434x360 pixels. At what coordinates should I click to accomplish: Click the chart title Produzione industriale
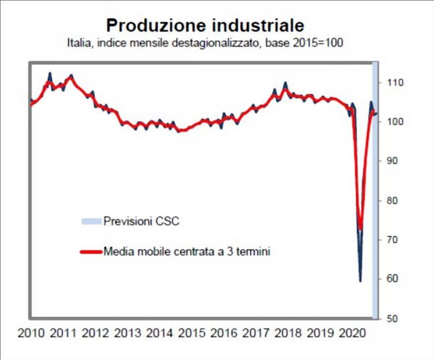[205, 25]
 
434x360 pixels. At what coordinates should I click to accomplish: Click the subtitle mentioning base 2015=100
[205, 42]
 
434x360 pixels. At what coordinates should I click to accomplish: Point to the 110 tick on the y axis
[395, 83]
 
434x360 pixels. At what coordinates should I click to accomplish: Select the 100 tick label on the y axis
[395, 122]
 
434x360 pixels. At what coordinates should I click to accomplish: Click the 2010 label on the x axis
[31, 333]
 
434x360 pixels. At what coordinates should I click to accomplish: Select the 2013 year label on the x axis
[129, 333]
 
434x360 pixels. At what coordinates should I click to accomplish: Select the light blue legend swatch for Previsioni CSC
[91, 221]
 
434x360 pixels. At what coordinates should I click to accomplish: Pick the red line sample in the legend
[91, 252]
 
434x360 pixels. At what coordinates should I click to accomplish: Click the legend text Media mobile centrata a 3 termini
[187, 252]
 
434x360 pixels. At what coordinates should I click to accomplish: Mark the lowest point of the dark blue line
[360, 281]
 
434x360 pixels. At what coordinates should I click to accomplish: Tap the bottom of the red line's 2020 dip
[360, 229]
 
